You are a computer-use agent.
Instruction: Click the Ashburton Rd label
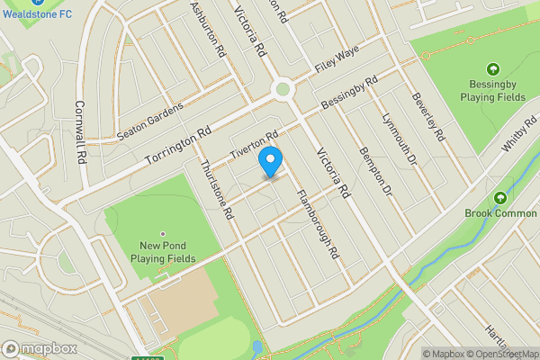[x=207, y=31]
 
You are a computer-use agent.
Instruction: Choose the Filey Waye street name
[x=337, y=62]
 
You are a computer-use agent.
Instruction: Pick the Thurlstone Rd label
[x=217, y=189]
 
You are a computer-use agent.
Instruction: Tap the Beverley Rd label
[x=428, y=117]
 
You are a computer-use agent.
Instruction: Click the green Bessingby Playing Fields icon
[x=492, y=69]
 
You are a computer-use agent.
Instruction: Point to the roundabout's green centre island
[x=283, y=89]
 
